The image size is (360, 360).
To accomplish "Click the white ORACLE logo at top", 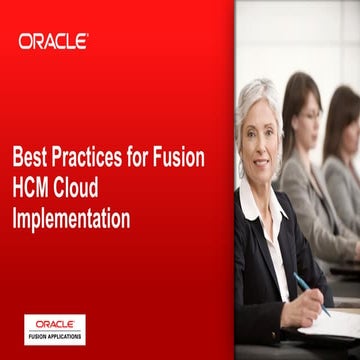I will tap(53, 41).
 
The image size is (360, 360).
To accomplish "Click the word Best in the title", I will tap(30, 158).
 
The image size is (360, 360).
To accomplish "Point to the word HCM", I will tap(36, 187).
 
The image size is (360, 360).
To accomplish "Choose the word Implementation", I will tap(72, 215).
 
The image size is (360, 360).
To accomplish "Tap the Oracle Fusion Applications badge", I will tap(55, 329).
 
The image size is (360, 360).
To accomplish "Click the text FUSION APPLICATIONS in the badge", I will tap(55, 335).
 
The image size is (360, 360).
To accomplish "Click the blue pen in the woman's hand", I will tap(311, 294).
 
